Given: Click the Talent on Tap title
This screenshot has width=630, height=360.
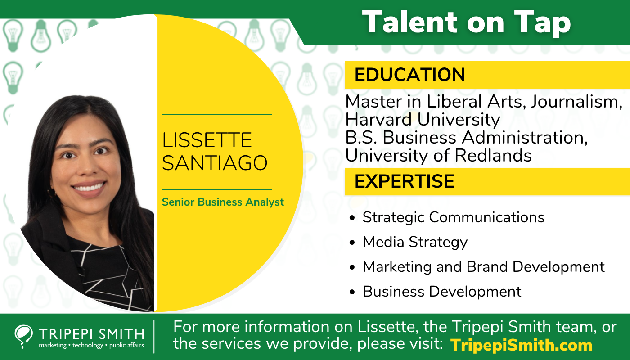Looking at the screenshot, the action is click(467, 22).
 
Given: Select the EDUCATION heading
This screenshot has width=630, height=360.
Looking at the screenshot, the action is click(410, 75).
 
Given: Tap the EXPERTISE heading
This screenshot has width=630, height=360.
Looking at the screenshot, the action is click(404, 181).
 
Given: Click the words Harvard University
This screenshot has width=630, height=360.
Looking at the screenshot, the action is click(423, 120).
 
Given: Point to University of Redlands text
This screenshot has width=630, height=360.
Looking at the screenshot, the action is click(438, 156).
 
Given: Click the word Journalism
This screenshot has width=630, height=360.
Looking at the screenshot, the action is click(576, 102).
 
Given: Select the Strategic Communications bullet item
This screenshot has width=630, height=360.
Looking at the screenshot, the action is click(454, 217).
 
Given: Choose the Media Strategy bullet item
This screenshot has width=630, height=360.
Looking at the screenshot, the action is click(415, 242).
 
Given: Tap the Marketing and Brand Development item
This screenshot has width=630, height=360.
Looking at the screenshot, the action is click(483, 266).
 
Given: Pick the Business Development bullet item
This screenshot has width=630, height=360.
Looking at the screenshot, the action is click(442, 292).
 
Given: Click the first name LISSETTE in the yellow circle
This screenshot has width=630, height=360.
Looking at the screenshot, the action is click(207, 140).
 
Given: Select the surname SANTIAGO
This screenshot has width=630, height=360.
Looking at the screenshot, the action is click(215, 163).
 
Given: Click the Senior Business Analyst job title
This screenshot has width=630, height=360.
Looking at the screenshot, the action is click(223, 202).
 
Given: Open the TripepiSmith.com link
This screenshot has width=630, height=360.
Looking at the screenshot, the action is click(522, 345).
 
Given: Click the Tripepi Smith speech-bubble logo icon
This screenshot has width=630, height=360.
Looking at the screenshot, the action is click(23, 337).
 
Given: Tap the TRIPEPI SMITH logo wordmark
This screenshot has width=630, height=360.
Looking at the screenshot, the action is click(92, 334).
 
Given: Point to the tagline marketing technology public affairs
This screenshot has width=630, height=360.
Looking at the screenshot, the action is click(91, 345).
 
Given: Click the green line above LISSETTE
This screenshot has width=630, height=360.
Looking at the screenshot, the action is click(217, 114).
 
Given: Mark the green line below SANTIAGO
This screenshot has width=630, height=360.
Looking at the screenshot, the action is click(217, 189).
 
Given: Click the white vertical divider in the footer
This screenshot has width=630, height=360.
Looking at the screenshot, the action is click(154, 337).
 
